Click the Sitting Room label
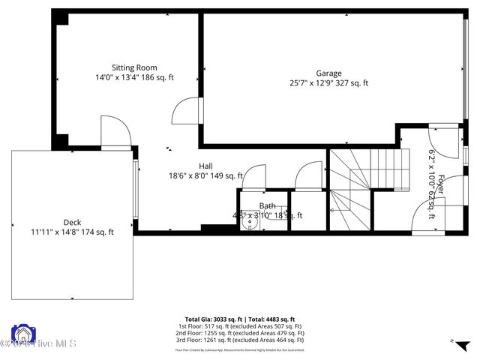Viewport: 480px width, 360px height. tap(134, 67)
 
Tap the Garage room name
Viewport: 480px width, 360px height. tap(328, 73)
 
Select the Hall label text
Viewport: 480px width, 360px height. tap(205, 166)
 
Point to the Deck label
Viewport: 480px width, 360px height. tap(72, 222)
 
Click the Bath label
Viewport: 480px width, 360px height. tap(267, 205)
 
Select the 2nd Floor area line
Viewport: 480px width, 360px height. tap(240, 333)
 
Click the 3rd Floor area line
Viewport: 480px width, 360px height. tap(240, 340)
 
